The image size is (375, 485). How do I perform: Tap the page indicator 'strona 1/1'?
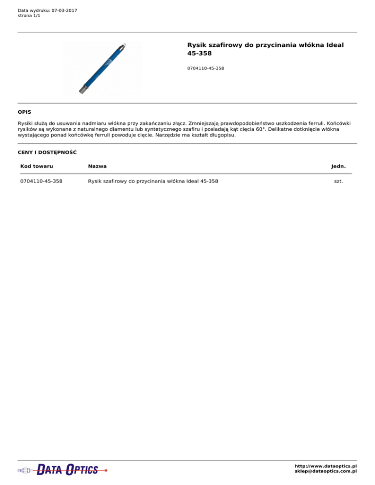point(29,16)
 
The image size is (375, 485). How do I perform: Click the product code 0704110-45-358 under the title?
point(206,68)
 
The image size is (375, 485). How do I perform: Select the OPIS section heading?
point(24,112)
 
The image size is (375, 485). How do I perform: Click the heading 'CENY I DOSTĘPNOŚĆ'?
point(47,152)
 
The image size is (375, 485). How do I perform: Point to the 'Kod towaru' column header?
point(37,166)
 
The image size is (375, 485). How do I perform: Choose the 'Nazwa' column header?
point(98,166)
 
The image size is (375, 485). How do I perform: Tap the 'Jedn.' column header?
point(338,166)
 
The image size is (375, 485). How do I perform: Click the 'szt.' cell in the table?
point(335,182)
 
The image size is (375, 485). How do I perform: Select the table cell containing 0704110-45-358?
point(44,182)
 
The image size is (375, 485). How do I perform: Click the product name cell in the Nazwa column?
point(153,182)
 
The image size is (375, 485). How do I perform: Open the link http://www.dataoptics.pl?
point(326,466)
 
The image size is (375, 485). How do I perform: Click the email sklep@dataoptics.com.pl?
point(326,471)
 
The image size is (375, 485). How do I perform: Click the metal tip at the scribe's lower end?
point(83,90)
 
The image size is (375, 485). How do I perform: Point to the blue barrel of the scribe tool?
point(103,68)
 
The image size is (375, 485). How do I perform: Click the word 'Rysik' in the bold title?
point(198,45)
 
